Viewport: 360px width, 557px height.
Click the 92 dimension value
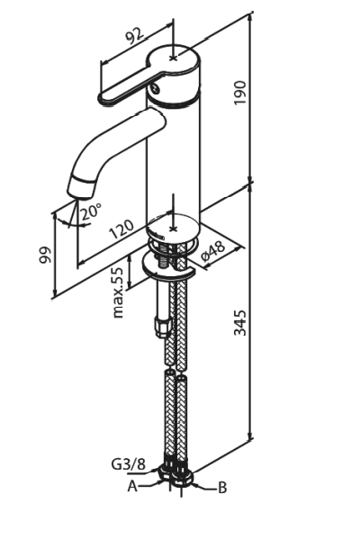click(x=135, y=35)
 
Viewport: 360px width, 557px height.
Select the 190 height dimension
click(x=240, y=93)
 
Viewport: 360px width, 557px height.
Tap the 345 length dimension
click(x=240, y=322)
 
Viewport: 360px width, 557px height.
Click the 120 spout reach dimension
click(x=121, y=229)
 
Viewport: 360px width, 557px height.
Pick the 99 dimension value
click(x=45, y=255)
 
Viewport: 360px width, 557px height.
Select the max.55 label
click(x=117, y=292)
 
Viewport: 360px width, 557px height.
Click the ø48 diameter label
click(x=213, y=251)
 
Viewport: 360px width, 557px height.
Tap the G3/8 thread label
click(x=129, y=464)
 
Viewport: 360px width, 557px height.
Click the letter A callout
click(x=132, y=486)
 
